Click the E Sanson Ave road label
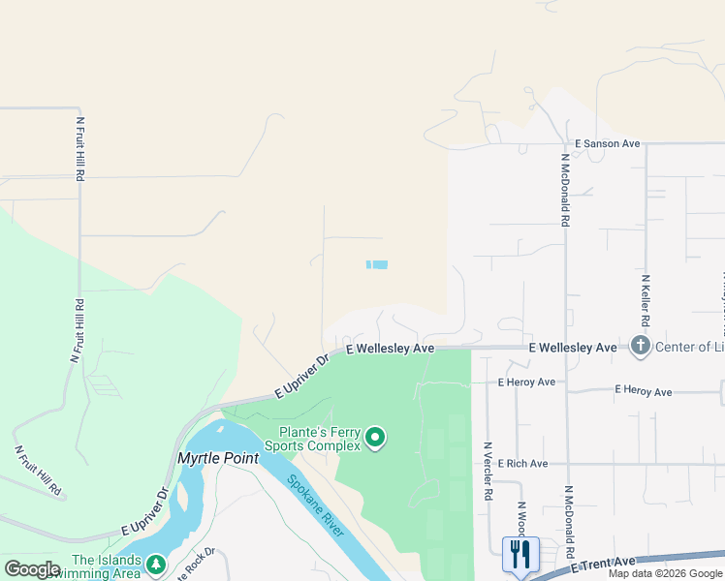click(x=607, y=143)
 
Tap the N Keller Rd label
click(x=645, y=299)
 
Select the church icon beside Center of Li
click(x=639, y=346)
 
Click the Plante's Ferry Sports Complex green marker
click(x=375, y=440)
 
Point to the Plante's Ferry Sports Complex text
click(x=319, y=439)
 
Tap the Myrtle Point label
click(x=218, y=458)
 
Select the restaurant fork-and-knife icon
click(x=521, y=553)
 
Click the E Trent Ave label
click(x=602, y=564)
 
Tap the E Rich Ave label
click(x=522, y=464)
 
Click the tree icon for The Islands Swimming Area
click(x=155, y=564)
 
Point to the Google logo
click(x=32, y=569)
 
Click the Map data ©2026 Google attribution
click(x=665, y=573)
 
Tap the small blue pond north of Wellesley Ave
click(x=377, y=264)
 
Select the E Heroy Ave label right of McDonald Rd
click(x=643, y=391)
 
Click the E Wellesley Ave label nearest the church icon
click(x=572, y=347)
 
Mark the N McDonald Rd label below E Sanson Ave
click(x=564, y=189)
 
